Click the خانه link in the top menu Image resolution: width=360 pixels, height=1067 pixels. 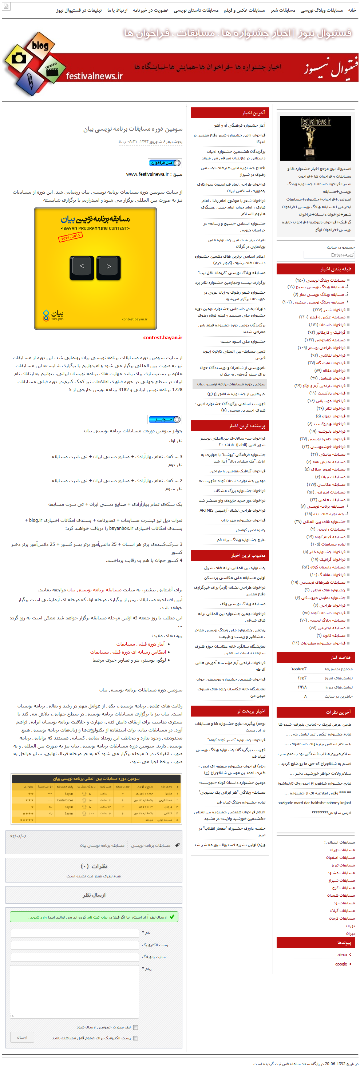(x=352, y=10)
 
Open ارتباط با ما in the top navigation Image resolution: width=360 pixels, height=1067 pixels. (x=117, y=10)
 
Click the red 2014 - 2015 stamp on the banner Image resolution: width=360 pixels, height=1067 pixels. (x=70, y=237)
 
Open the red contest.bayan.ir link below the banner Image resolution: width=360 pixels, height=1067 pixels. (x=163, y=338)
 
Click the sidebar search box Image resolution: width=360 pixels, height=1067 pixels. (x=329, y=255)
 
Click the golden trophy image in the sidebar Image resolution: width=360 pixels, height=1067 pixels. (x=315, y=138)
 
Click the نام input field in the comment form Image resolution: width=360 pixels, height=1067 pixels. (x=75, y=933)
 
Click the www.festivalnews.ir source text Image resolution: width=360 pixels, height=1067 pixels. (x=147, y=174)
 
